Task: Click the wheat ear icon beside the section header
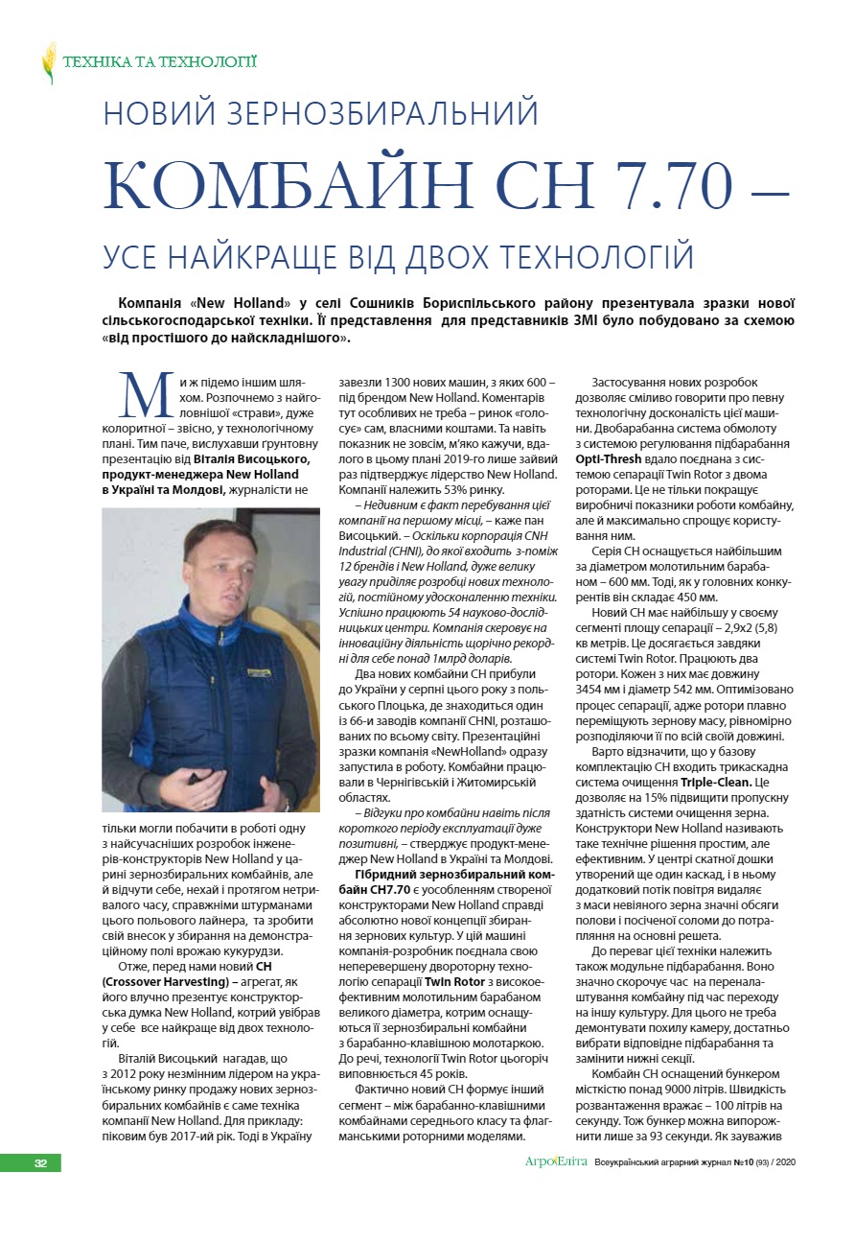click(49, 63)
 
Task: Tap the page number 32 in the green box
click(40, 1163)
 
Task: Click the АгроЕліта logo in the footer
click(556, 1162)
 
